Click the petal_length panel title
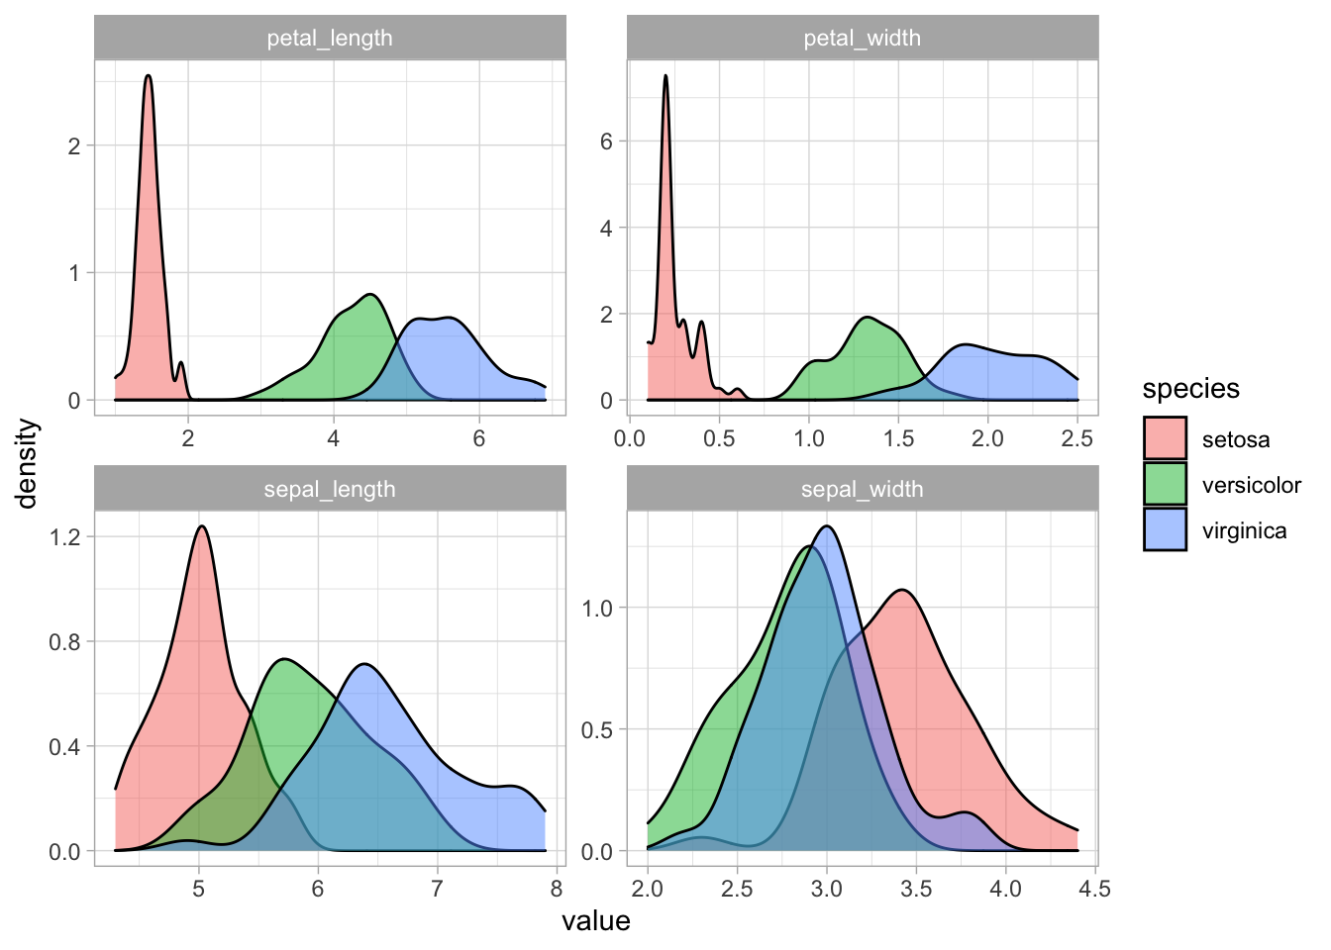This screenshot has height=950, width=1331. pos(330,39)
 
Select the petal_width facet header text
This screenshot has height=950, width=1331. pos(862,39)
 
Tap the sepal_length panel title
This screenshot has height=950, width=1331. pos(330,490)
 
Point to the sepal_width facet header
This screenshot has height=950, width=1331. pos(862,490)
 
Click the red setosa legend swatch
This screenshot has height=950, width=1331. pos(1165,439)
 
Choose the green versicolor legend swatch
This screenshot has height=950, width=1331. pos(1165,485)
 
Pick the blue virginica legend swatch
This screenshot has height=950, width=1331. pos(1165,530)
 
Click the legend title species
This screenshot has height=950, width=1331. pos(1190,389)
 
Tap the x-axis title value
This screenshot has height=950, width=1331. pos(595,922)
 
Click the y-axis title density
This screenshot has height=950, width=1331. pos(28,463)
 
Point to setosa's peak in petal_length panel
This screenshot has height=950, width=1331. pos(148,76)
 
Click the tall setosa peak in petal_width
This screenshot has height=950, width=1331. pos(665,76)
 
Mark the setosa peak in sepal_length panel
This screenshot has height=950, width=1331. pos(202,526)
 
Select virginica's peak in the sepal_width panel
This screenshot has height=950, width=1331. pos(827,526)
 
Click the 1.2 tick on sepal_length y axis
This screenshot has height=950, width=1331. pos(64,536)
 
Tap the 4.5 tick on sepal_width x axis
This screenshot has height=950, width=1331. pos(1094,889)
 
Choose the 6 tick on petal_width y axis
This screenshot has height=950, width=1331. pos(606,142)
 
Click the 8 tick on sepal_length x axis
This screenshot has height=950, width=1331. pos(557,889)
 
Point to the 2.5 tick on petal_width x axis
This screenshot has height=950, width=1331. pos(1077,438)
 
